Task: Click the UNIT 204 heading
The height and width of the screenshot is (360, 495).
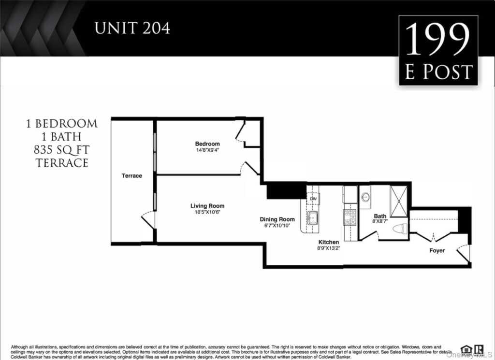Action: (132, 28)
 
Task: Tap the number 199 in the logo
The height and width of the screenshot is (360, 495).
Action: (438, 41)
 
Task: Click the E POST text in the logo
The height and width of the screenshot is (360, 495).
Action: (438, 72)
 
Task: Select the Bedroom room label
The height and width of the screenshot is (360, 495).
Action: (207, 144)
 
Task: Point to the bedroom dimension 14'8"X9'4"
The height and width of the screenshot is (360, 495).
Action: (207, 150)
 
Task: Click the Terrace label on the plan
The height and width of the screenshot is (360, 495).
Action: (131, 176)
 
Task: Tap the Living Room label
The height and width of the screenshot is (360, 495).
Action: (207, 206)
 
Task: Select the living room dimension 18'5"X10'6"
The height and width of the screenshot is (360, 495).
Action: (207, 212)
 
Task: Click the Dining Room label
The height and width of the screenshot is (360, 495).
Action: (277, 219)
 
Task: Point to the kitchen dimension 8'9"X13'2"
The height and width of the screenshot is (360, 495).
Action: (328, 249)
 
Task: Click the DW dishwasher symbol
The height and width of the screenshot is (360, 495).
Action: (313, 199)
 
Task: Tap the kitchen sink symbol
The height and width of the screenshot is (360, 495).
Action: (313, 218)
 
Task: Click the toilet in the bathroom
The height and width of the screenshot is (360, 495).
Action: (400, 229)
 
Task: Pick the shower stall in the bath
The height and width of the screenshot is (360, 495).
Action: (399, 201)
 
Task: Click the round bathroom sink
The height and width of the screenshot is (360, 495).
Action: (365, 197)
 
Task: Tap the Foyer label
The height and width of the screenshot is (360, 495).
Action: (437, 250)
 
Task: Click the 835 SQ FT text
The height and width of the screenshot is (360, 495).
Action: (62, 150)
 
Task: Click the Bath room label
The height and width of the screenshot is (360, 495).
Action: (380, 216)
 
